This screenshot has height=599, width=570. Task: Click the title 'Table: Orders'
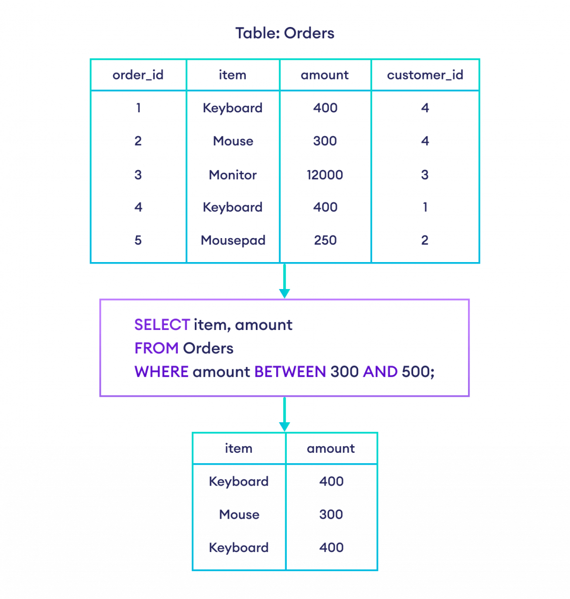(285, 33)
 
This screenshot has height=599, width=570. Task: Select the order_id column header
(138, 75)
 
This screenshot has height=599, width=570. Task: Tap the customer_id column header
(425, 75)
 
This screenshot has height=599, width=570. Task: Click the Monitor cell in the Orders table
(233, 175)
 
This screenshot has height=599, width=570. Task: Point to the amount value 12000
(325, 175)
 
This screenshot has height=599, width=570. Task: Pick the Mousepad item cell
(233, 241)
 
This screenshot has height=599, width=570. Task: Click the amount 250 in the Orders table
(325, 241)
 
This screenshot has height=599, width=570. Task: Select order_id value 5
(138, 241)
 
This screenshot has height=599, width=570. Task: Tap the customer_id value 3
(425, 175)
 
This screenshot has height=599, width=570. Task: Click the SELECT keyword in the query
(162, 325)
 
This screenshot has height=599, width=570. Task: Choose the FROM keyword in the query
(156, 348)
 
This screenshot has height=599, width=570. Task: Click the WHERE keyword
(161, 372)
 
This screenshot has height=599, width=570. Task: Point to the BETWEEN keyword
(290, 372)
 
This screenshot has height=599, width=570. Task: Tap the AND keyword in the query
(380, 372)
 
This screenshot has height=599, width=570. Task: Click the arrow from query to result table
(284, 414)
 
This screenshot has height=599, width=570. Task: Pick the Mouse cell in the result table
(239, 514)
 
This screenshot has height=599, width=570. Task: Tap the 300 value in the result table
(331, 514)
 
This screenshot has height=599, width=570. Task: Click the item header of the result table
(239, 448)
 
